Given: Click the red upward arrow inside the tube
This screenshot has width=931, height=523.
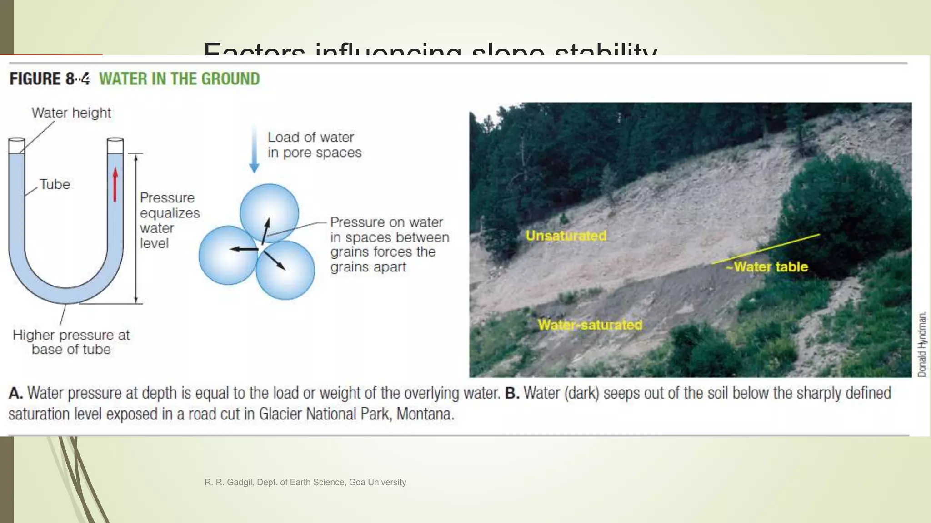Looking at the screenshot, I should pyautogui.click(x=115, y=184).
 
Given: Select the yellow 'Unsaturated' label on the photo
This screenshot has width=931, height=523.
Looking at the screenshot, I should pyautogui.click(x=566, y=236).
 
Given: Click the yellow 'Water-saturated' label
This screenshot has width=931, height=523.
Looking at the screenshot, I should pyautogui.click(x=590, y=325).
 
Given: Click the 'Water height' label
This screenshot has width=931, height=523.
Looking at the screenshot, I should pyautogui.click(x=71, y=113).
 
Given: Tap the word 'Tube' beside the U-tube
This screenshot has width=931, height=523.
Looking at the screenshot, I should pyautogui.click(x=55, y=184).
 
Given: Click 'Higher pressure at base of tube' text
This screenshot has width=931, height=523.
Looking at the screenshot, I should pyautogui.click(x=71, y=342).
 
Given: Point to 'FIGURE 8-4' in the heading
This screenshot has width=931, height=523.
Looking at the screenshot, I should pyautogui.click(x=49, y=79).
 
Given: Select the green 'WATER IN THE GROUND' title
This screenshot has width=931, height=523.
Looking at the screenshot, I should pyautogui.click(x=180, y=79).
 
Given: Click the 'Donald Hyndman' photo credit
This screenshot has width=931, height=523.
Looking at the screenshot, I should pyautogui.click(x=922, y=344).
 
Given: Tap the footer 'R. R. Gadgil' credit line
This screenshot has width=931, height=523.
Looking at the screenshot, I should pyautogui.click(x=305, y=482).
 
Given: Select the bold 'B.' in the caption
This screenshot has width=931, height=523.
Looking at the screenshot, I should pyautogui.click(x=512, y=393).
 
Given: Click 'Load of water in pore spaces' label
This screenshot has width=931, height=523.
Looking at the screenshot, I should pyautogui.click(x=314, y=145).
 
